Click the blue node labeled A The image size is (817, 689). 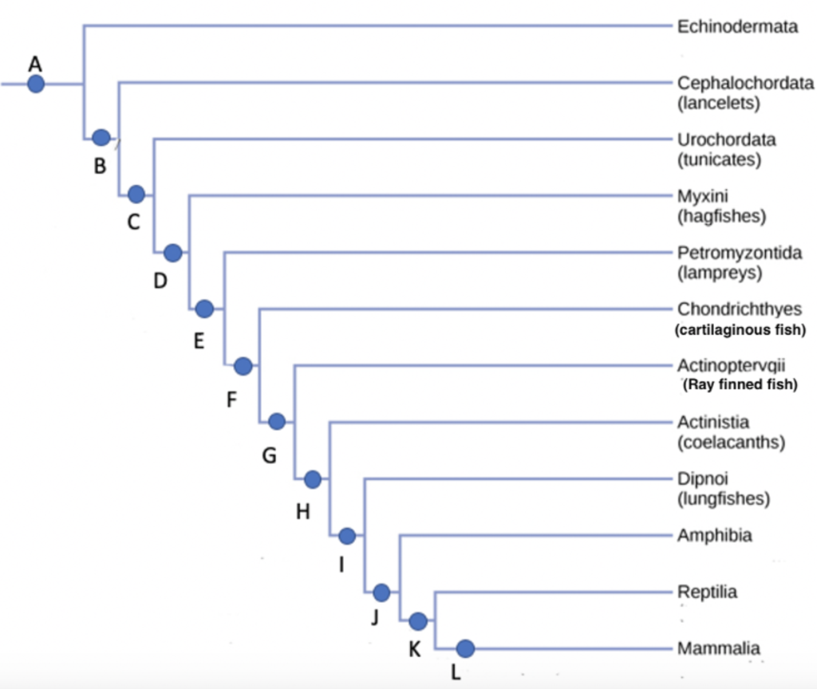[36, 83]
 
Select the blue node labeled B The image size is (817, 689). [101, 137]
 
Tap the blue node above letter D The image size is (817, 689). [172, 253]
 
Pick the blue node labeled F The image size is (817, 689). [243, 366]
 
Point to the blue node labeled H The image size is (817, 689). [313, 479]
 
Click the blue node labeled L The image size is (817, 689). [466, 648]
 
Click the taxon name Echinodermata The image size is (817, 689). [737, 26]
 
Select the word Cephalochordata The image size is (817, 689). [745, 83]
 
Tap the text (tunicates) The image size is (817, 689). [719, 159]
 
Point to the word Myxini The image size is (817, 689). [703, 196]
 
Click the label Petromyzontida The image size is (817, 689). [740, 253]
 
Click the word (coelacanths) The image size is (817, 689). [731, 443]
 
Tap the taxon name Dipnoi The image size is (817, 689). [703, 479]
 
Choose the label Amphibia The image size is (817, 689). [714, 535]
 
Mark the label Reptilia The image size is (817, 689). [707, 592]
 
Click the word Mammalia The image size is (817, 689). [718, 648]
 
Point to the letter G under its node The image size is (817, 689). [270, 456]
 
